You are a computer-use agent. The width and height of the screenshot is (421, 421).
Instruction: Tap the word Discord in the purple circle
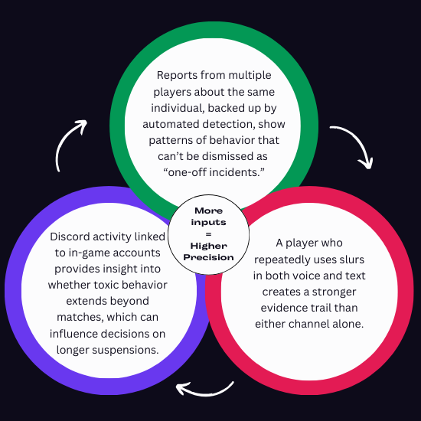(x=73, y=237)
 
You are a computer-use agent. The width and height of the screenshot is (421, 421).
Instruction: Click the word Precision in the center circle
(x=209, y=258)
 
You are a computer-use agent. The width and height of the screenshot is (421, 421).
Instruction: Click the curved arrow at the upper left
(x=71, y=145)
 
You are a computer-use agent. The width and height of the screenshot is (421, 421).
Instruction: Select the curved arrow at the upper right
(x=353, y=146)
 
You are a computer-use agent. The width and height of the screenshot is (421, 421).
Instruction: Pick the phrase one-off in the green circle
(x=189, y=172)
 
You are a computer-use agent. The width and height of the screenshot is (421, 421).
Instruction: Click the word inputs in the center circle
(x=208, y=222)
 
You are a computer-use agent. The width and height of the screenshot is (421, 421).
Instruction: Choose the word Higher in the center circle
(x=209, y=246)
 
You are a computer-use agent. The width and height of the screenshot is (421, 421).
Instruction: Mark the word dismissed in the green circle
(x=220, y=156)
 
